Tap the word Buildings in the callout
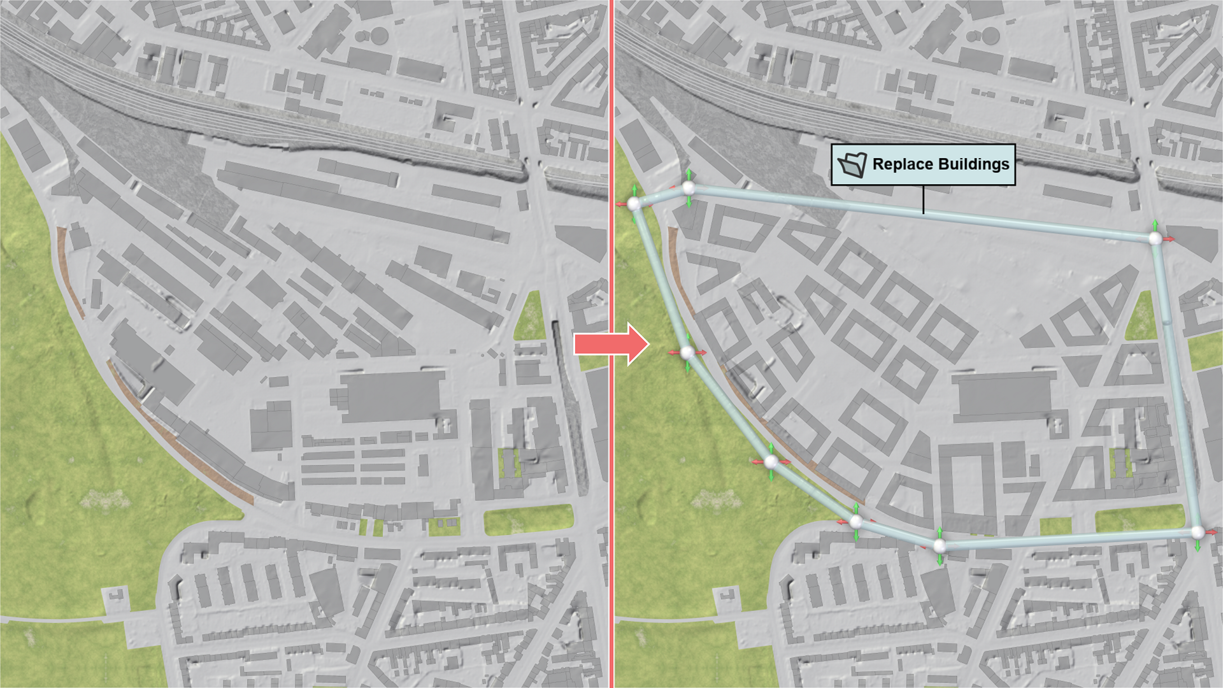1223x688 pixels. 974,164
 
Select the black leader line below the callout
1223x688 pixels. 923,199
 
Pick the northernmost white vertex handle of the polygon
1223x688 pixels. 689,188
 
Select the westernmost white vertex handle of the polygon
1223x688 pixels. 634,204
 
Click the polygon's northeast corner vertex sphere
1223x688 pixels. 1155,238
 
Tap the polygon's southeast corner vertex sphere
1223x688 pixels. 1198,532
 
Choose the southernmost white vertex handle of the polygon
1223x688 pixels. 939,545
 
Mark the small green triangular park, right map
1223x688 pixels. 1141,317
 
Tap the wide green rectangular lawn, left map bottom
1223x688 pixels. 528,520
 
